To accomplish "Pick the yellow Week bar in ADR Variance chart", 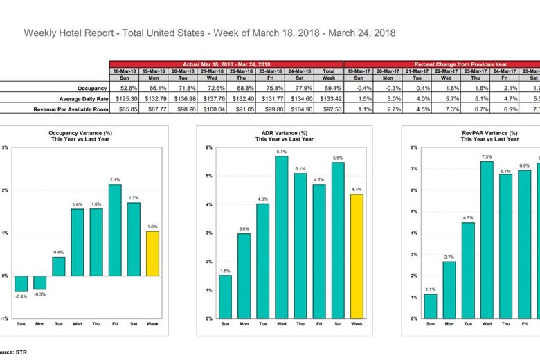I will point(357,256).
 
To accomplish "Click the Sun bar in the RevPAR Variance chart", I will point(430,306).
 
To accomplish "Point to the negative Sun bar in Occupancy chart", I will point(21,283).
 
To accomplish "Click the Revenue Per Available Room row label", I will point(69,109).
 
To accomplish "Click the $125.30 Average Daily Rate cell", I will point(124,99).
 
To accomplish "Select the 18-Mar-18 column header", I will point(124,71).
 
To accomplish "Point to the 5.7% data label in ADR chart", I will point(281,152).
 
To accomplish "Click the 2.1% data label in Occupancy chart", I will point(115,180).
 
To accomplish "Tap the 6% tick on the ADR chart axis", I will point(209,147).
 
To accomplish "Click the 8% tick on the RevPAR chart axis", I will point(414,147).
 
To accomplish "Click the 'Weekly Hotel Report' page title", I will point(210,33).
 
